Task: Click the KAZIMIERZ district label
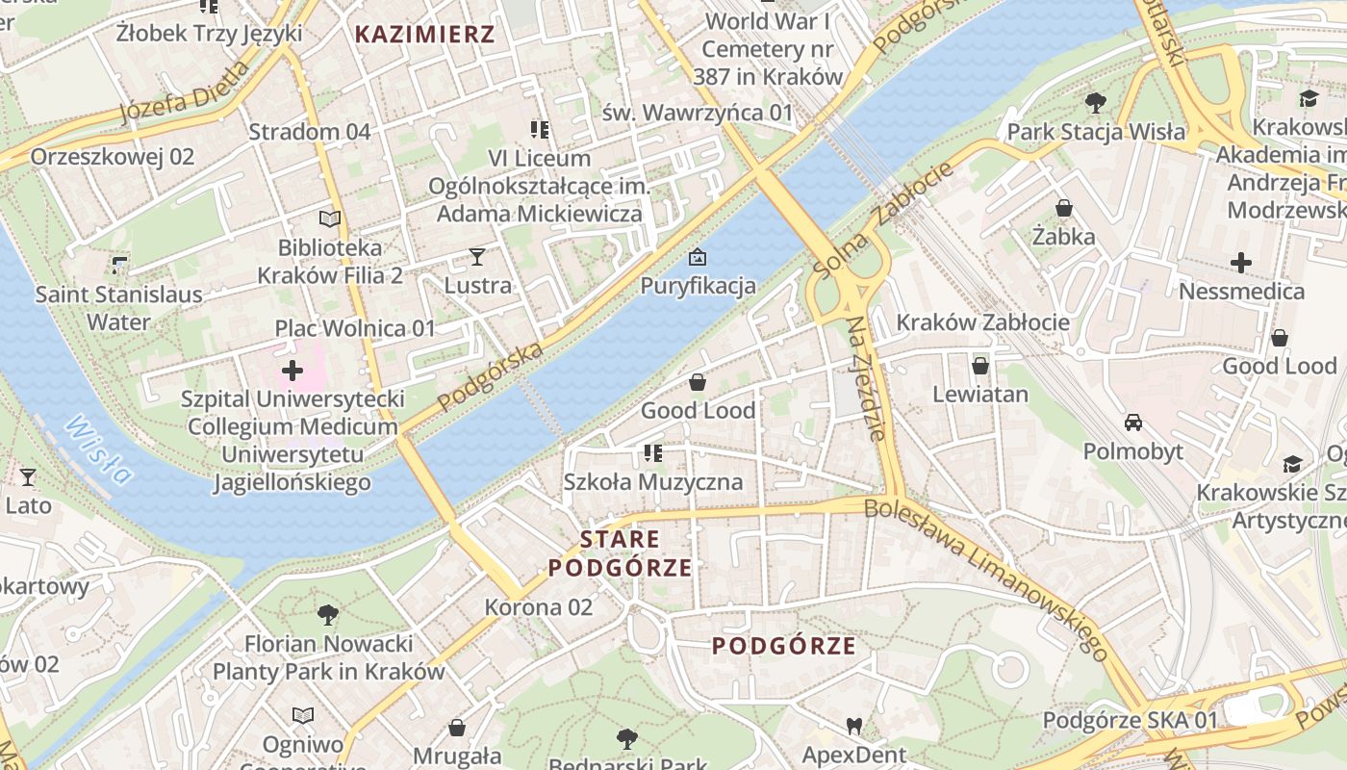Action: click(424, 35)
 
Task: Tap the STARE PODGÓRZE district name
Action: click(621, 553)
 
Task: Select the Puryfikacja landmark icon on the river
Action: click(697, 257)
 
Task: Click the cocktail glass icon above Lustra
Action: click(477, 256)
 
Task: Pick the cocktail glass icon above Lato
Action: click(28, 476)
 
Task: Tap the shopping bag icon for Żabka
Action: click(1064, 208)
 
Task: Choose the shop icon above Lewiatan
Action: click(979, 366)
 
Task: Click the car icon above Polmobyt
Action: click(1133, 423)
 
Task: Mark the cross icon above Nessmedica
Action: click(1241, 262)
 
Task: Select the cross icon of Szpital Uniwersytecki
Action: click(292, 371)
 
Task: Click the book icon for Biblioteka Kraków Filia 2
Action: click(330, 218)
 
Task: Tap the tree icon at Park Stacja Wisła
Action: click(1095, 102)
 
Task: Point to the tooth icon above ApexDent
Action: click(853, 726)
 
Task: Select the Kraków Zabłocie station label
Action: click(982, 321)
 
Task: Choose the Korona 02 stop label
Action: click(539, 607)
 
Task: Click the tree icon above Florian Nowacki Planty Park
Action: click(328, 614)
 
